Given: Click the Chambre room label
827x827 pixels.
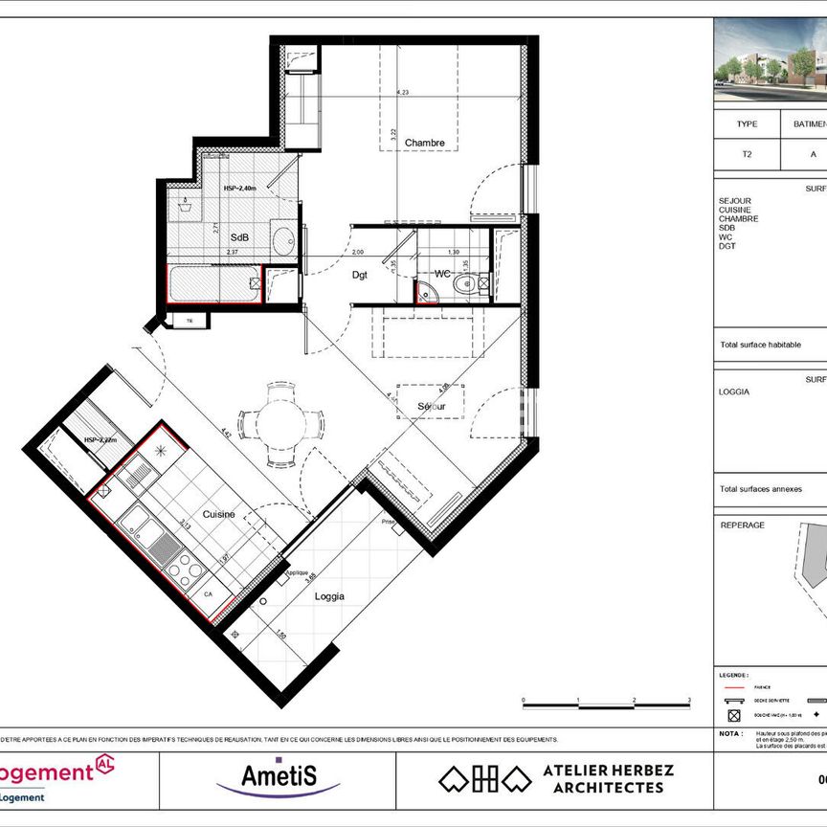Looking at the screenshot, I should (x=424, y=144).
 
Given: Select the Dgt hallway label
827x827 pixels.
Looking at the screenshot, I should (x=360, y=275).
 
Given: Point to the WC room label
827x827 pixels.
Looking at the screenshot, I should (x=442, y=274).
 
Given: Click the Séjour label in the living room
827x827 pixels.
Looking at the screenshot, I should (x=432, y=407).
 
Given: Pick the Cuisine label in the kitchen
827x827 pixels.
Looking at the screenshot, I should (x=218, y=514).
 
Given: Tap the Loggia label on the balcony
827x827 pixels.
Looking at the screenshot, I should (x=329, y=594).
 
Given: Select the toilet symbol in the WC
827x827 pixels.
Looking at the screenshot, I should (x=466, y=284).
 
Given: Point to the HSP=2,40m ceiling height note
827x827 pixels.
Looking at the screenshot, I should (x=242, y=189).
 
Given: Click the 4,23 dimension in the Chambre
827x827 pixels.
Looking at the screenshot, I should (x=404, y=92).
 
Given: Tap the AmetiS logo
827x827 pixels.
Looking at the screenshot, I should (x=279, y=773).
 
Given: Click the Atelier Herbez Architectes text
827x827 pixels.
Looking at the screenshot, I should (x=608, y=778).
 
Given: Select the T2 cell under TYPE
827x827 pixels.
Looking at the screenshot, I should (x=747, y=153).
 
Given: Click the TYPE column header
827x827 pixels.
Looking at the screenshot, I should (x=747, y=124).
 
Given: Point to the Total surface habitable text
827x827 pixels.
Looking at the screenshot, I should (x=760, y=346).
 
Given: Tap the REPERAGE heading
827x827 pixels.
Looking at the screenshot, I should (x=742, y=525).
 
